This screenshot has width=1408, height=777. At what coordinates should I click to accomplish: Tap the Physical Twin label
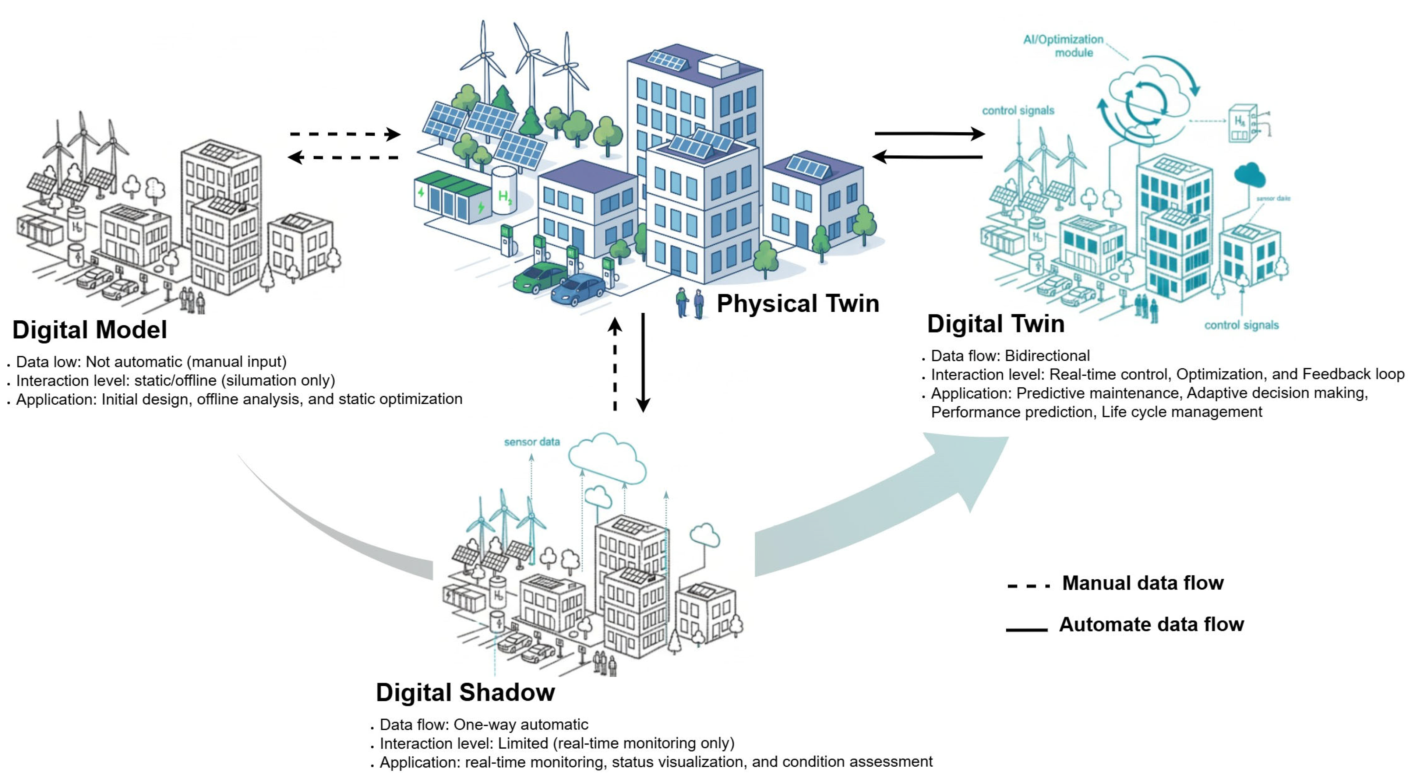click(x=797, y=303)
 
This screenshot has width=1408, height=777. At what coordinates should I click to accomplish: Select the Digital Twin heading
click(x=995, y=324)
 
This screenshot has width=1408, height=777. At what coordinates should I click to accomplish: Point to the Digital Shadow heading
click(x=465, y=692)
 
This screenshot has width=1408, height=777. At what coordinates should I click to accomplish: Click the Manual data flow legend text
click(x=1142, y=583)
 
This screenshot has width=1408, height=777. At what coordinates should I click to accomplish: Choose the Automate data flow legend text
click(x=1151, y=625)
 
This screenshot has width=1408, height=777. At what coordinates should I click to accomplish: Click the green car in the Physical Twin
click(x=539, y=277)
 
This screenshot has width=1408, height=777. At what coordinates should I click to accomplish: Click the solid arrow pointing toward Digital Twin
click(x=929, y=133)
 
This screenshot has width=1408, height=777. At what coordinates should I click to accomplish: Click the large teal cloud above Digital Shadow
click(x=607, y=458)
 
